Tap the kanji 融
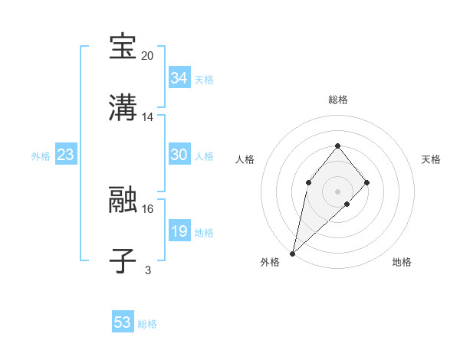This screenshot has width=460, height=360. (123, 200)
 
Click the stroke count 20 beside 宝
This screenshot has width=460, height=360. (147, 56)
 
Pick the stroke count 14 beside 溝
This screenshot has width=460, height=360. (148, 117)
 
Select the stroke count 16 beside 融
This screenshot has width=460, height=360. (148, 208)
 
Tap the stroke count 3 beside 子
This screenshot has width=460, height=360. (148, 270)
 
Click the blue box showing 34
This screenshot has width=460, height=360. (179, 78)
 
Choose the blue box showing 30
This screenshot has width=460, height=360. (179, 155)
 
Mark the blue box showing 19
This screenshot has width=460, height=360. (179, 231)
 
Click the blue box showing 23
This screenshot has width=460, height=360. (65, 155)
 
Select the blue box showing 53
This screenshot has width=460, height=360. (123, 322)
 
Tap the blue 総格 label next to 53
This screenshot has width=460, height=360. (147, 324)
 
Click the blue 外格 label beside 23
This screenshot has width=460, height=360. (41, 156)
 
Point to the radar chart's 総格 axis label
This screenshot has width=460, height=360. (337, 100)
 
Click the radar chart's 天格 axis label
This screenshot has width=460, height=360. (431, 159)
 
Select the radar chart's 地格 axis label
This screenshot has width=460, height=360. (402, 263)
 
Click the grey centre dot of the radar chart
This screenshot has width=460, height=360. (337, 191)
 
